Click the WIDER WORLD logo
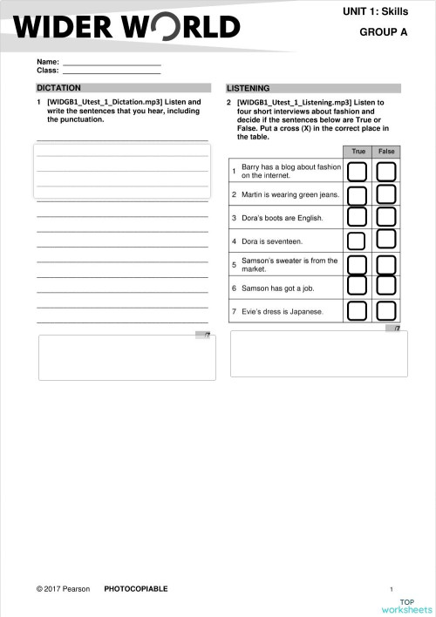pos(127,27)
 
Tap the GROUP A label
pos(384,32)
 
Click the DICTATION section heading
pos(59,88)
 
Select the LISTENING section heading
pos(249,88)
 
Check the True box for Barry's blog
pos(357,171)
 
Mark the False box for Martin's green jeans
pos(386,194)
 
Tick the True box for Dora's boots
pos(357,217)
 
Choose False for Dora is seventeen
pos(386,241)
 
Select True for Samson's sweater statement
pos(357,264)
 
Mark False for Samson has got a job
pos(386,287)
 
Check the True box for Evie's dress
pos(357,310)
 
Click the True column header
pos(358,152)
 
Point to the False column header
pos(386,152)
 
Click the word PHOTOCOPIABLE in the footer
pos(136,589)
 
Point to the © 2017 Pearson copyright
pos(64,589)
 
